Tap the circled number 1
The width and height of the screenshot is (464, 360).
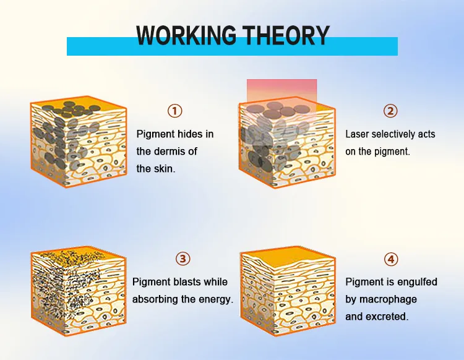176,111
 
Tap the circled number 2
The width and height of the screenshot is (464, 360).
390,111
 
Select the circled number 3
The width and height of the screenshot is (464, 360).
183,259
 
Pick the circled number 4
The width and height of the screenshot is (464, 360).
391,259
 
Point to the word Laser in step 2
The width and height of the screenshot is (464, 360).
358,134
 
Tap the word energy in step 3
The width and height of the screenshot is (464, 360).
217,299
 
